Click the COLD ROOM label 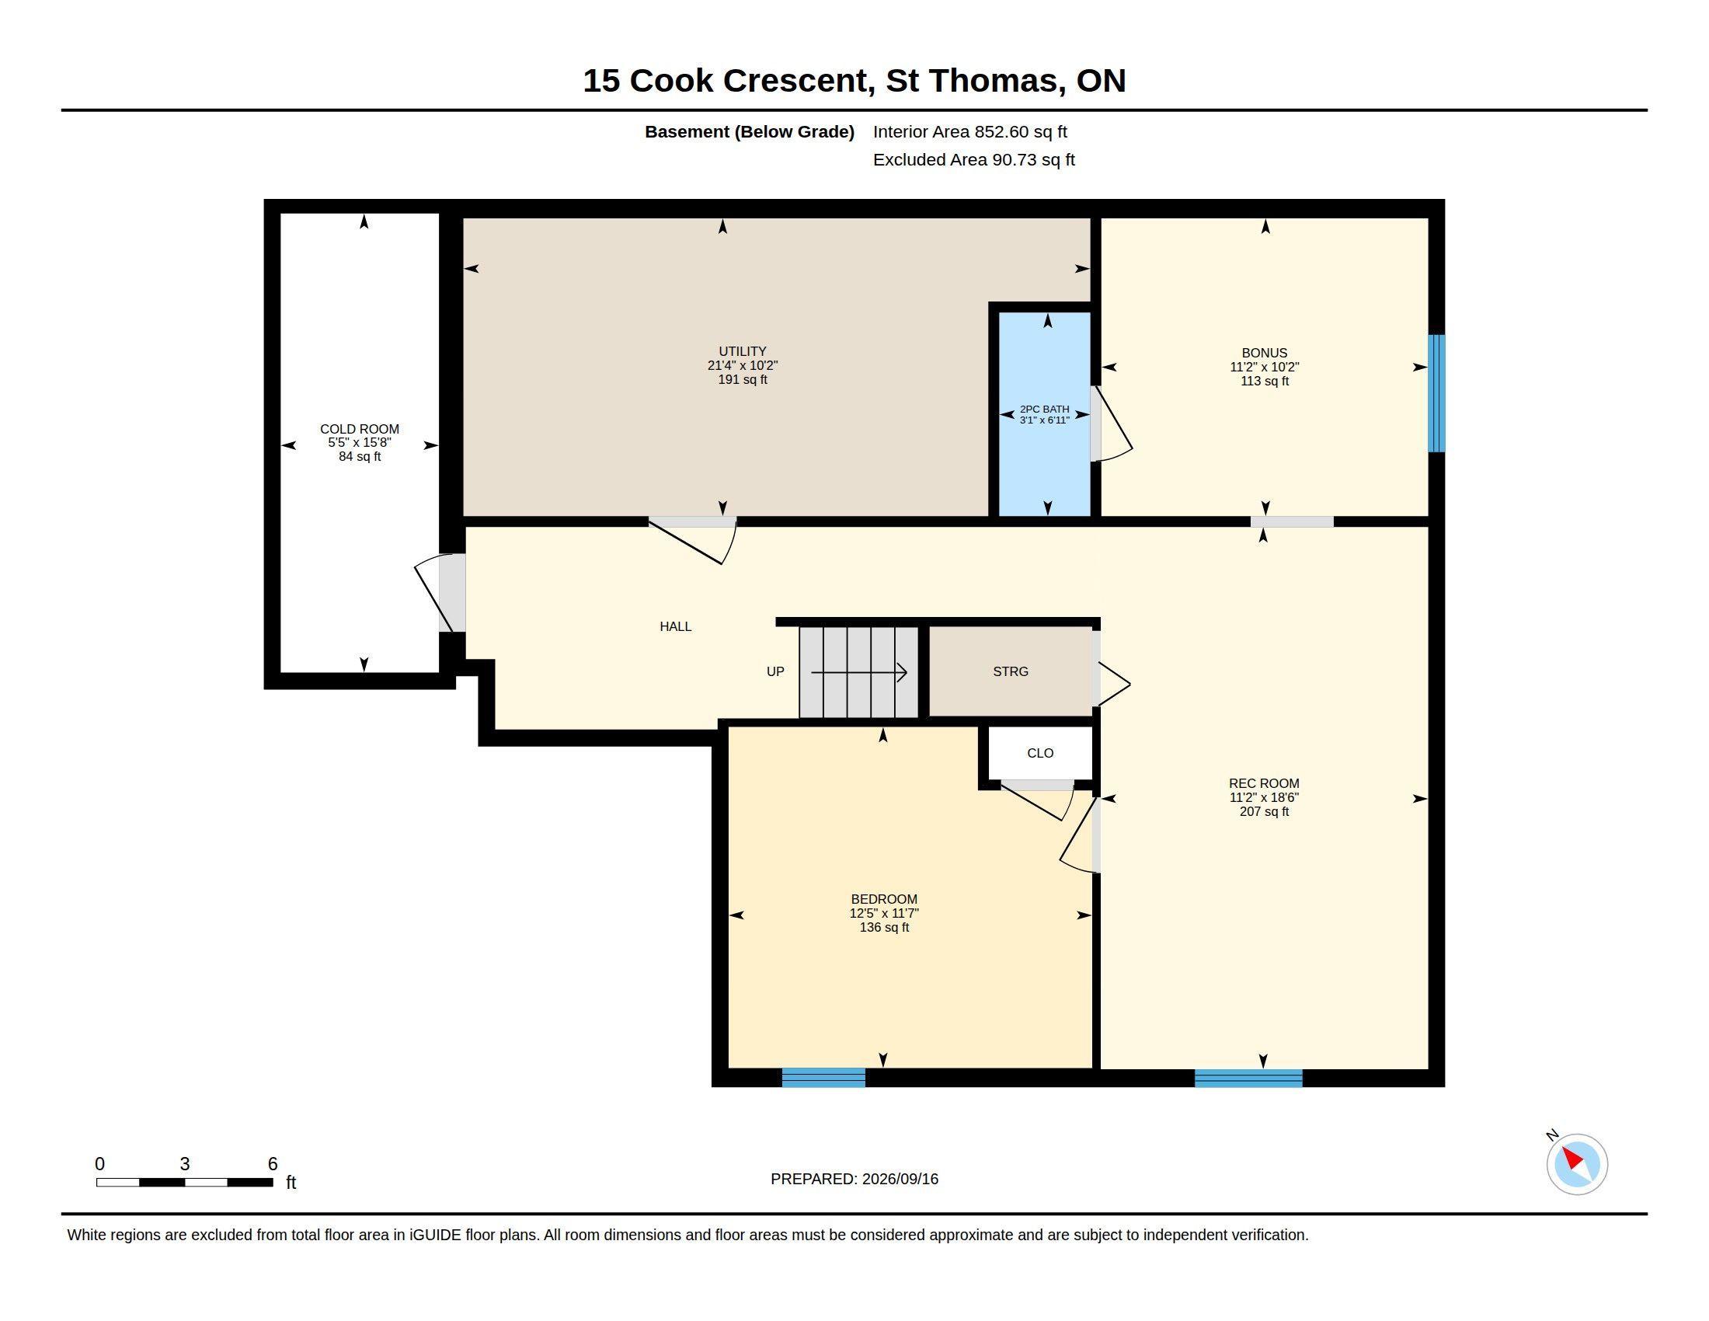[x=359, y=429]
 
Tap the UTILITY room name [x=743, y=351]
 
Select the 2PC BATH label [x=1044, y=410]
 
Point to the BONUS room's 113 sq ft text [x=1265, y=381]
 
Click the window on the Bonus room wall [x=1436, y=394]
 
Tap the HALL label [x=675, y=626]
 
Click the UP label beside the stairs [x=775, y=671]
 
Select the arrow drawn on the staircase [x=859, y=672]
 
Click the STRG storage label [x=1010, y=671]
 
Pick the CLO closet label [x=1040, y=753]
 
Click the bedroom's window [x=824, y=1078]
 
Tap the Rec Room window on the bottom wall [x=1249, y=1078]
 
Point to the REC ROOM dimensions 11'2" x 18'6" [x=1265, y=797]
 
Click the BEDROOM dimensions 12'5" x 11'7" [x=884, y=913]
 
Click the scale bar [x=185, y=1183]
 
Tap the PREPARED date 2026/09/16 [x=900, y=1179]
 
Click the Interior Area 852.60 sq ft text [x=970, y=131]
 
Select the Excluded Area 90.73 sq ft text [x=974, y=159]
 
